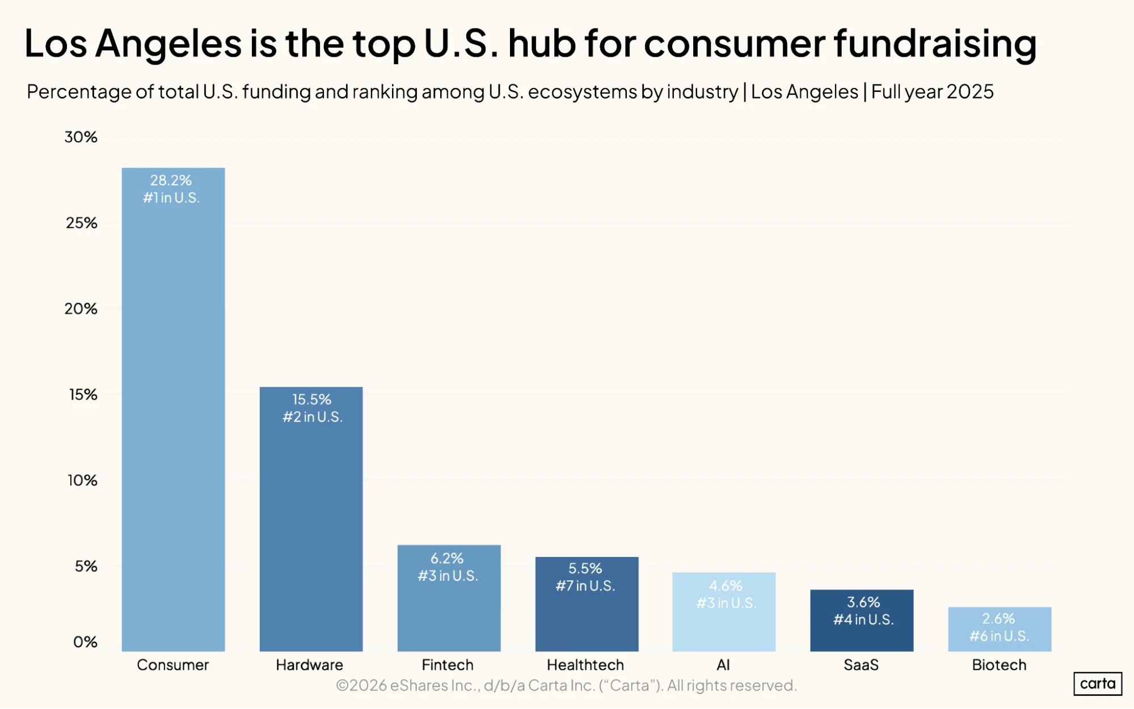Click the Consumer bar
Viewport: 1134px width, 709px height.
(x=173, y=410)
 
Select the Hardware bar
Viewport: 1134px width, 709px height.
(x=311, y=519)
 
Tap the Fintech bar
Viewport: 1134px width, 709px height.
(x=449, y=598)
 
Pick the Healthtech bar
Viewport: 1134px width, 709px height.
(x=587, y=604)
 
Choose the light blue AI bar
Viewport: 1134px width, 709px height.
(x=724, y=612)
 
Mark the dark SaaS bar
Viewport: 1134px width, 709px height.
(x=862, y=621)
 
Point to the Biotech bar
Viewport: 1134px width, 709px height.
(x=1000, y=630)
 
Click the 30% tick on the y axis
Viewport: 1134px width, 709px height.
(x=81, y=137)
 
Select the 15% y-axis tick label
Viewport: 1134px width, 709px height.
(x=83, y=395)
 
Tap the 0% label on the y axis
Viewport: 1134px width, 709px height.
(x=85, y=642)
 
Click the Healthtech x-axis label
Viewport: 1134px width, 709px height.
(x=585, y=665)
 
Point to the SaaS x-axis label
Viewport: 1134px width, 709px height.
(x=861, y=665)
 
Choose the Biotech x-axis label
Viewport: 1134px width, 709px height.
(x=999, y=665)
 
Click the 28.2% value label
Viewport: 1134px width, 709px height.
(x=171, y=180)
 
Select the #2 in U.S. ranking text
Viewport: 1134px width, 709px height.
(x=313, y=417)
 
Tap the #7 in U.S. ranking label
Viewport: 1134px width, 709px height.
(x=585, y=586)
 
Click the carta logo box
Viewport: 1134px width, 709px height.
(x=1098, y=683)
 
